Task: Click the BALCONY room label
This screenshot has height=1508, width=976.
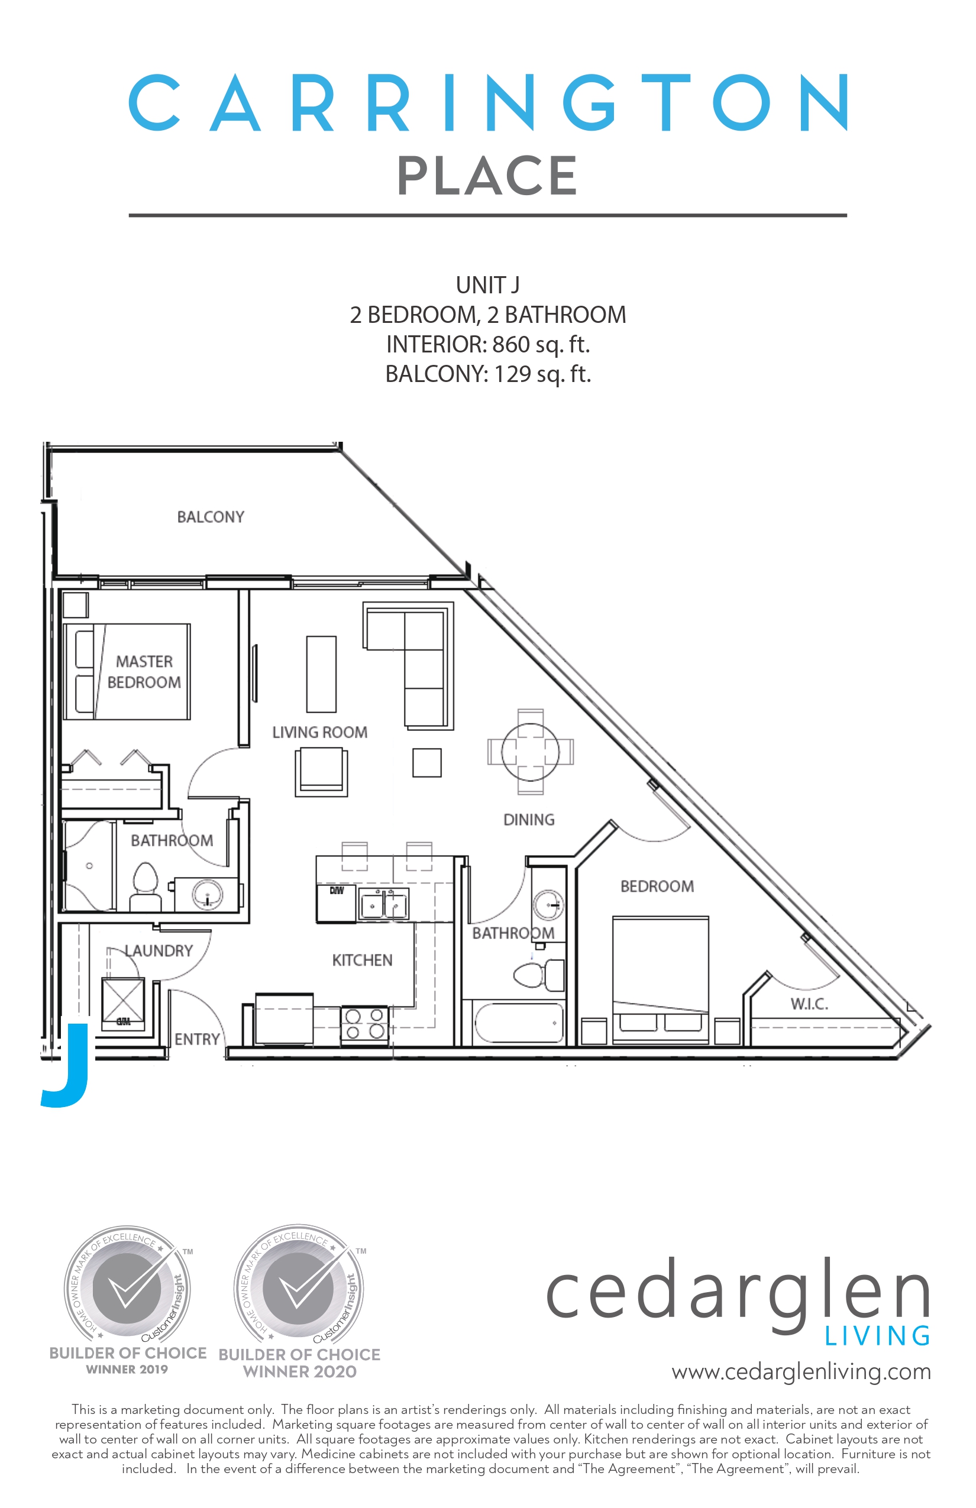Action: tap(211, 517)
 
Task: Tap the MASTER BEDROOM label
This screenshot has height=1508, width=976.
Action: tap(144, 672)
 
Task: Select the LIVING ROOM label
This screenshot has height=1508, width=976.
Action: tap(319, 733)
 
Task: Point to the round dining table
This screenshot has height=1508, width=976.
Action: tap(530, 752)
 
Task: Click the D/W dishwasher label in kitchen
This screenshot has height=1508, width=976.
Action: tap(337, 890)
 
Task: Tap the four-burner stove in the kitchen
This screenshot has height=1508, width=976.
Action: tap(364, 1024)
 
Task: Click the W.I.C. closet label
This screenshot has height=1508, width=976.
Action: tap(809, 1004)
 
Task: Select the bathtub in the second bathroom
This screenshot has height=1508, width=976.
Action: tap(518, 1022)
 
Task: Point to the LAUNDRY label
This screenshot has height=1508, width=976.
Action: tap(159, 950)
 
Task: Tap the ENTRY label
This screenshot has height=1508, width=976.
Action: tap(197, 1039)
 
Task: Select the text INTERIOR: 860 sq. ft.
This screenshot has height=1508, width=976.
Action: tap(488, 345)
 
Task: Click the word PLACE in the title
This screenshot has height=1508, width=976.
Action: tap(487, 176)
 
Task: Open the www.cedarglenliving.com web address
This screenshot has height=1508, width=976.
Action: tap(801, 1371)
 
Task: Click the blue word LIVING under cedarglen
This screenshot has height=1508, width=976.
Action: tap(877, 1337)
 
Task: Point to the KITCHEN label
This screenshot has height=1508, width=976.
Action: tap(362, 960)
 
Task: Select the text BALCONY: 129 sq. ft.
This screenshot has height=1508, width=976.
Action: tap(488, 374)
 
